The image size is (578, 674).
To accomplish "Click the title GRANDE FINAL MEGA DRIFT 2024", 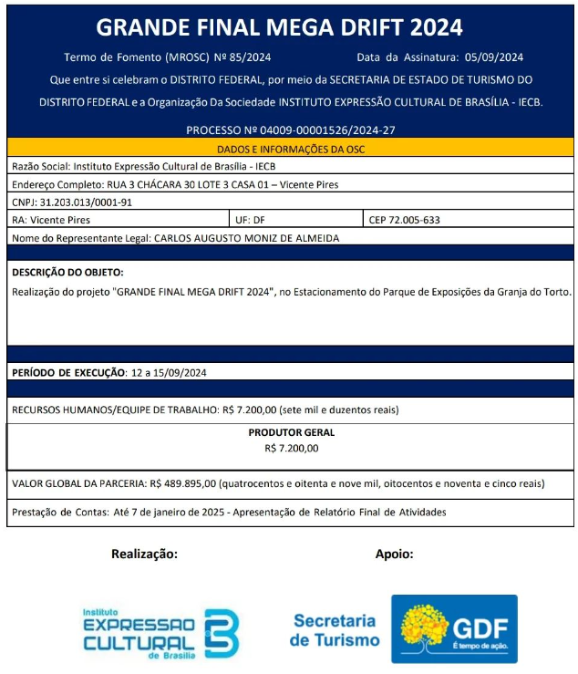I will click(279, 26).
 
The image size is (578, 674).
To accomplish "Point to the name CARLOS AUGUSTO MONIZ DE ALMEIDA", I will click(246, 238).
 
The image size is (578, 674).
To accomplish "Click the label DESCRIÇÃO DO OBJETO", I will click(67, 273).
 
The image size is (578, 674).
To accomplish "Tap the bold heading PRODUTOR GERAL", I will click(291, 432).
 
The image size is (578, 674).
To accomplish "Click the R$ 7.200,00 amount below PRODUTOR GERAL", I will click(291, 448).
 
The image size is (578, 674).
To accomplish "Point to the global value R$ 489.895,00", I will click(182, 483).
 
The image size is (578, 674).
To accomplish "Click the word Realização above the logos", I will click(144, 554).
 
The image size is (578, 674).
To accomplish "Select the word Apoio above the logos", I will click(394, 554).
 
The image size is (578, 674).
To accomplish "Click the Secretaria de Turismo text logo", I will click(335, 630).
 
